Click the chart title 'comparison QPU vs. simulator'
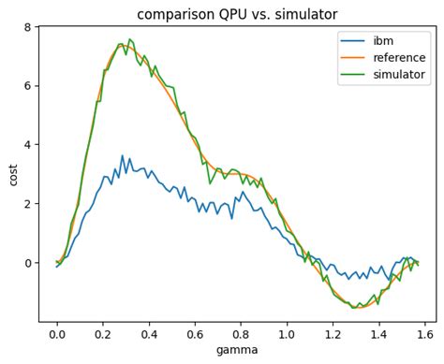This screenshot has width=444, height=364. pos(237,14)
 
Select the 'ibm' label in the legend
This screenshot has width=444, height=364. pos(383,40)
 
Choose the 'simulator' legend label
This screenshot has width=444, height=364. pos(400,74)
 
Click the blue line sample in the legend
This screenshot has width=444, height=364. pos(353,41)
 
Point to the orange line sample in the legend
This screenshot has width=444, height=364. pos(353,58)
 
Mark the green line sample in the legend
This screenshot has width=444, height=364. pos(353,75)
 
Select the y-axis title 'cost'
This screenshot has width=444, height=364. pos(13,174)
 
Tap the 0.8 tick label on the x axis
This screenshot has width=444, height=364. pos(241,333)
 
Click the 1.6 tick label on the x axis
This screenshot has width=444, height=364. pos(424,333)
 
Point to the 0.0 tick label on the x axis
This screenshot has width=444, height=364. pos(57,333)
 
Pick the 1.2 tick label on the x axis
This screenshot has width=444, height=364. pos(333,333)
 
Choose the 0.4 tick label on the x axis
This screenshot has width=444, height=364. pos(149,333)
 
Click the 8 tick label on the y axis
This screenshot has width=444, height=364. pos(28,27)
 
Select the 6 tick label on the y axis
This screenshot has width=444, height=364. pos(28,86)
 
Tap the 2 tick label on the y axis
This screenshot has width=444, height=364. pos(28,204)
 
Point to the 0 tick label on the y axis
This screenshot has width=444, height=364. pos(28,263)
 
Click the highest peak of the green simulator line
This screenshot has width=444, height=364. pos(129,39)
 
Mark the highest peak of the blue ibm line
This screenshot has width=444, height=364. pos(122,156)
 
